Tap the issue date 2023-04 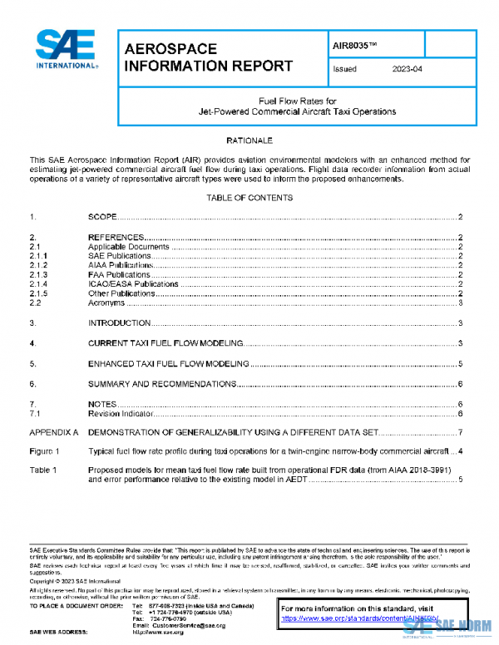(x=408, y=69)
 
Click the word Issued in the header (x=344, y=69)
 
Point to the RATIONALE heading (x=249, y=140)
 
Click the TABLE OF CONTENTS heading (x=249, y=198)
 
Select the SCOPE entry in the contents (x=102, y=217)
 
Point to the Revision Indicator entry (x=121, y=413)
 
